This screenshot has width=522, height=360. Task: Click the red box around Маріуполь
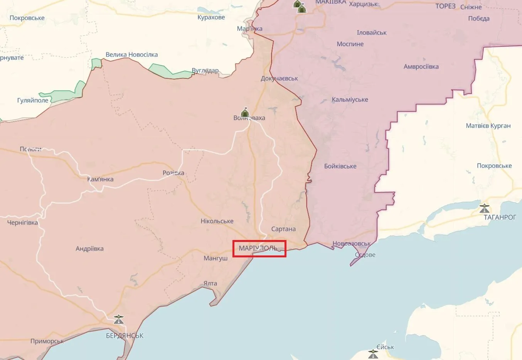click(x=259, y=248)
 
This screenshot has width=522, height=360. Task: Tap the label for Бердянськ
click(x=125, y=336)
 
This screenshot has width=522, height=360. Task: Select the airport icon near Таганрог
click(x=485, y=208)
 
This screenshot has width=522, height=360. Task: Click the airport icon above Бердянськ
click(x=119, y=319)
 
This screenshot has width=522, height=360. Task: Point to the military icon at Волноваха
click(x=245, y=112)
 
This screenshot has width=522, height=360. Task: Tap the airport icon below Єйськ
click(x=373, y=354)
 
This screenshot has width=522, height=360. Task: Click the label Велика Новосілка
click(x=131, y=55)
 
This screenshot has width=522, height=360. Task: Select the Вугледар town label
click(x=205, y=71)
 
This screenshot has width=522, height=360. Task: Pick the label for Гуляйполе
click(x=33, y=100)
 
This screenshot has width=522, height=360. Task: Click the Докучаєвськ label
click(x=279, y=78)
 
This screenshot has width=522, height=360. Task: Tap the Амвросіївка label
click(x=421, y=67)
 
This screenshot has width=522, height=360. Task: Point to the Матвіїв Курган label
click(x=488, y=126)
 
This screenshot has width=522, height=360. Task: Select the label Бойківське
click(x=340, y=166)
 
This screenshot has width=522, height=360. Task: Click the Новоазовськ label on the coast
click(x=351, y=244)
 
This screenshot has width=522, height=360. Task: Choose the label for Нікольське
click(x=217, y=221)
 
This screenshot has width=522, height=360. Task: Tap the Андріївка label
click(x=89, y=249)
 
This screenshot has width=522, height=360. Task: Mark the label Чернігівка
click(x=22, y=223)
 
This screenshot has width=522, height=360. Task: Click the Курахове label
click(x=211, y=17)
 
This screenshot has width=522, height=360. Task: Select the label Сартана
click(x=283, y=229)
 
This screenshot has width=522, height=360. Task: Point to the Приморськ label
click(x=47, y=341)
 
